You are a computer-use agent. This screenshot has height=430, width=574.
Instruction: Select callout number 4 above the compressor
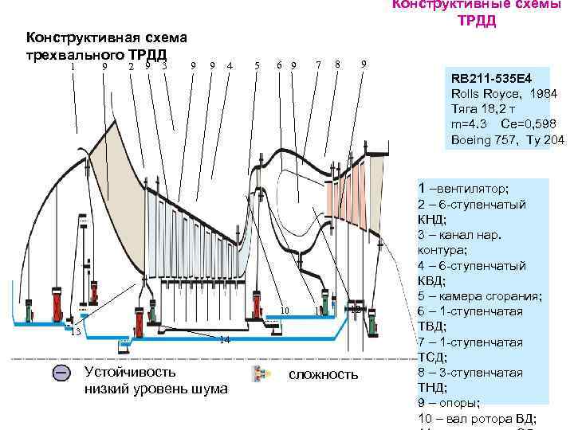click(x=230, y=65)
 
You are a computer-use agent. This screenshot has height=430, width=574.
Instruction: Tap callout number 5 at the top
click(x=256, y=65)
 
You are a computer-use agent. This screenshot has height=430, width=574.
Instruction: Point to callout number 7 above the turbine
click(x=318, y=64)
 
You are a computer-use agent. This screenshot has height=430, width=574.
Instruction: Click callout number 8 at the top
click(x=338, y=64)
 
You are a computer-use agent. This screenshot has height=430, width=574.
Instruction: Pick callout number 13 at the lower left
click(x=77, y=331)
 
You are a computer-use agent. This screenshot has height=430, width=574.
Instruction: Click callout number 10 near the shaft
click(x=285, y=310)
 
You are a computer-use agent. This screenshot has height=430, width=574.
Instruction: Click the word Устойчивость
click(x=130, y=371)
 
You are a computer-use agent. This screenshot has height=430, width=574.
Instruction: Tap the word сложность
click(x=323, y=374)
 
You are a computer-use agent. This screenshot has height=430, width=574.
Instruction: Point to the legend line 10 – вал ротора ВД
click(x=476, y=420)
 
